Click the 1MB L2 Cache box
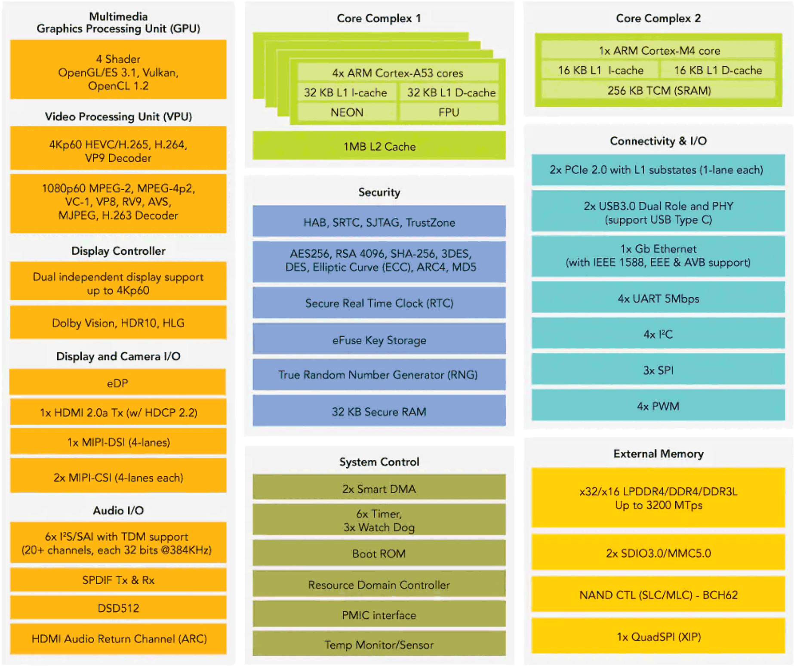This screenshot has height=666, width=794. tap(379, 146)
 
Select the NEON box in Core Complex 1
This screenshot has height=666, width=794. tap(347, 112)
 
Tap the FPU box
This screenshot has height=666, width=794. tap(449, 112)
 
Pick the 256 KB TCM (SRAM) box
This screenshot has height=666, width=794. tap(659, 90)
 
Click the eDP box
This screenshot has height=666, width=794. tap(118, 382)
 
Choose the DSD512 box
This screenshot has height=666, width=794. tap(118, 607)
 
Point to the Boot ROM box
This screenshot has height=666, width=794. tap(379, 553)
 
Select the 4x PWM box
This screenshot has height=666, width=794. tap(658, 406)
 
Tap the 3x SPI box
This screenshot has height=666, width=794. tap(658, 370)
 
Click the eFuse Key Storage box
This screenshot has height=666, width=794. tap(379, 339)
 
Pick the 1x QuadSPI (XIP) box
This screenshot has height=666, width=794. tap(658, 636)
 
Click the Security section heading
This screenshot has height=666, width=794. tap(379, 192)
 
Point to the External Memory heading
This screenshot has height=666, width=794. tap(659, 453)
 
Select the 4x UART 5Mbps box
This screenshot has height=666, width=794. tap(658, 298)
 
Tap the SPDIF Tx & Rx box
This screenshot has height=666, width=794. tap(118, 580)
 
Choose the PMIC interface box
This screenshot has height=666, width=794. tap(379, 614)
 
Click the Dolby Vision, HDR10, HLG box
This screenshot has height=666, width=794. tap(118, 322)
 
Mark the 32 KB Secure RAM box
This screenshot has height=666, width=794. tap(379, 411)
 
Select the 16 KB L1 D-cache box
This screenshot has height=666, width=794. tap(718, 70)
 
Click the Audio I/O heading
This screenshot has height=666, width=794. tap(118, 510)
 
